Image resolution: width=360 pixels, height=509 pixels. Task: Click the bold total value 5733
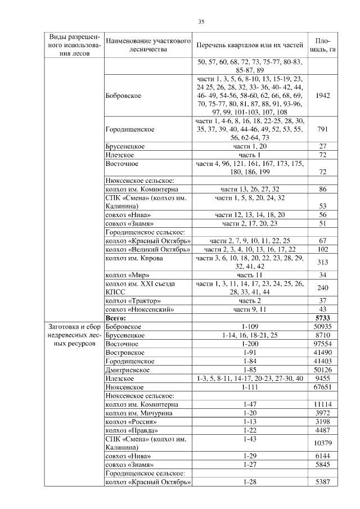(x=322, y=318)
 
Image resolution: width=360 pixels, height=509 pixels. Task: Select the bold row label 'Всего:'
(x=116, y=318)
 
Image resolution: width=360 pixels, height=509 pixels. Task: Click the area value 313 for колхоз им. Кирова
(x=322, y=262)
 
